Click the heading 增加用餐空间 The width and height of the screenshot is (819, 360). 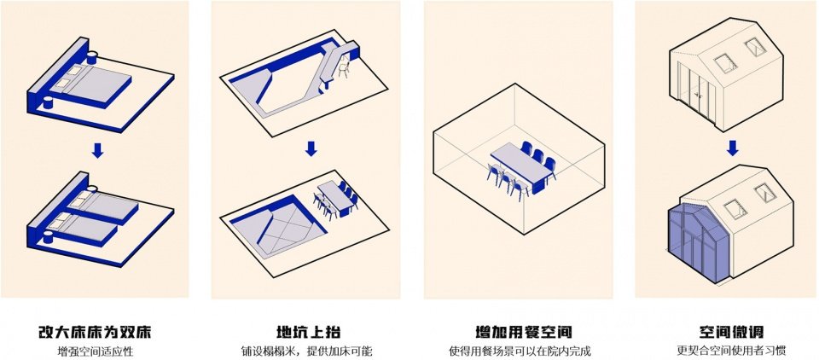coord(521,331)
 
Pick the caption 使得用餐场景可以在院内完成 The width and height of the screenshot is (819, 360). coord(521,351)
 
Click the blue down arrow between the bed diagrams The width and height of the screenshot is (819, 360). coord(98,150)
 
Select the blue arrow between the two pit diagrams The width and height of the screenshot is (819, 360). coord(311,148)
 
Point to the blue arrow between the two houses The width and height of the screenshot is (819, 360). coord(732,148)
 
